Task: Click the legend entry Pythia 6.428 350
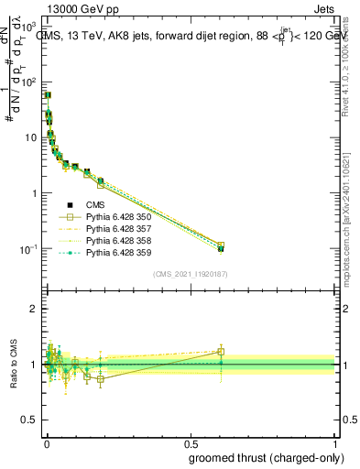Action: (x=115, y=216)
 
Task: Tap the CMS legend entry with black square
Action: (x=96, y=204)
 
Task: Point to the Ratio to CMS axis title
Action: (x=12, y=365)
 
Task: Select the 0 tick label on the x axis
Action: (x=47, y=443)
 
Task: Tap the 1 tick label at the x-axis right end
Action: (x=336, y=443)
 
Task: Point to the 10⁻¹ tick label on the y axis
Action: (x=27, y=249)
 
